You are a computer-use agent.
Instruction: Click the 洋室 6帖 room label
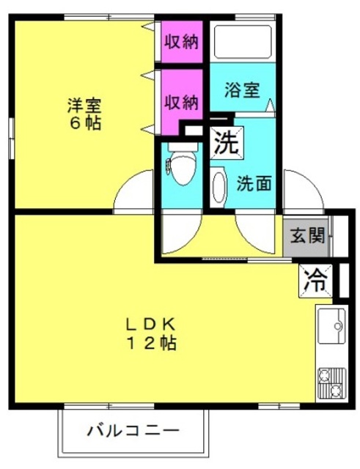(x=85, y=114)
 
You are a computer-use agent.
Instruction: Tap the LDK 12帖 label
(x=150, y=334)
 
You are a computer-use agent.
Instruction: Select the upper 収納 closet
(x=182, y=41)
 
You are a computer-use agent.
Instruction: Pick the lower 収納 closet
(x=182, y=103)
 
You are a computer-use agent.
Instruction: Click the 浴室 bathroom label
(x=243, y=89)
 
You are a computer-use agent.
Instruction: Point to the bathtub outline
(x=243, y=43)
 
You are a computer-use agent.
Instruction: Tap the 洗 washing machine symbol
(x=227, y=143)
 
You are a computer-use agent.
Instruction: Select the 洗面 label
(x=254, y=183)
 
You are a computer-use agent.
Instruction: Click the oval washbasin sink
(x=218, y=188)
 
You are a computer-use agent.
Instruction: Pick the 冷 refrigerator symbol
(x=315, y=281)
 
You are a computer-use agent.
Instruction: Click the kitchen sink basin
(x=331, y=326)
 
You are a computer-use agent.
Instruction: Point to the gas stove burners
(x=331, y=383)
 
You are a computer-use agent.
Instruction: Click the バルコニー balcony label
(x=133, y=431)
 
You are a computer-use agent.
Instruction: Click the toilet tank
(x=183, y=147)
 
